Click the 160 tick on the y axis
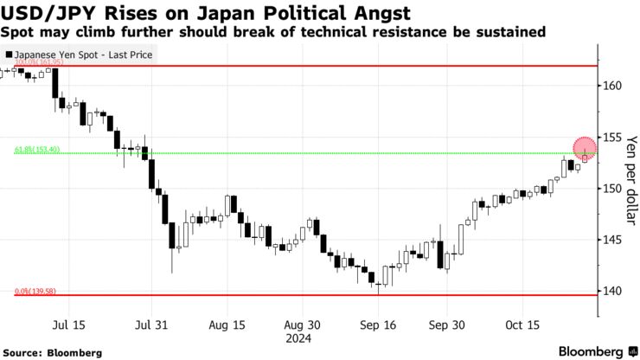[x=611, y=86]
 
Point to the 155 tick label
[x=611, y=137]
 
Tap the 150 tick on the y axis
[x=611, y=188]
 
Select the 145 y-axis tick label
[x=611, y=240]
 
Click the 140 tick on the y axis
[x=611, y=291]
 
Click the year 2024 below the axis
[x=304, y=338]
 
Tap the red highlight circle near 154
[x=585, y=148]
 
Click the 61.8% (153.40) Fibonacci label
[x=36, y=150]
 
